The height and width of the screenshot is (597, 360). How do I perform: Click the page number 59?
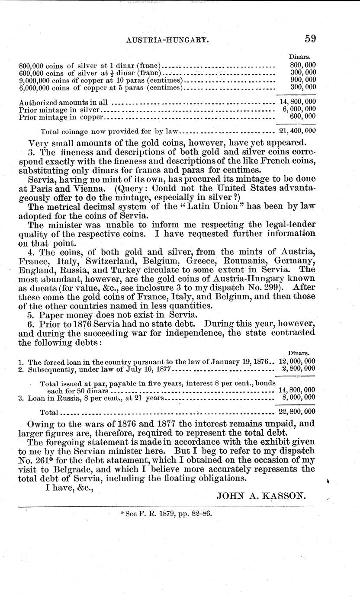(310, 39)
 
